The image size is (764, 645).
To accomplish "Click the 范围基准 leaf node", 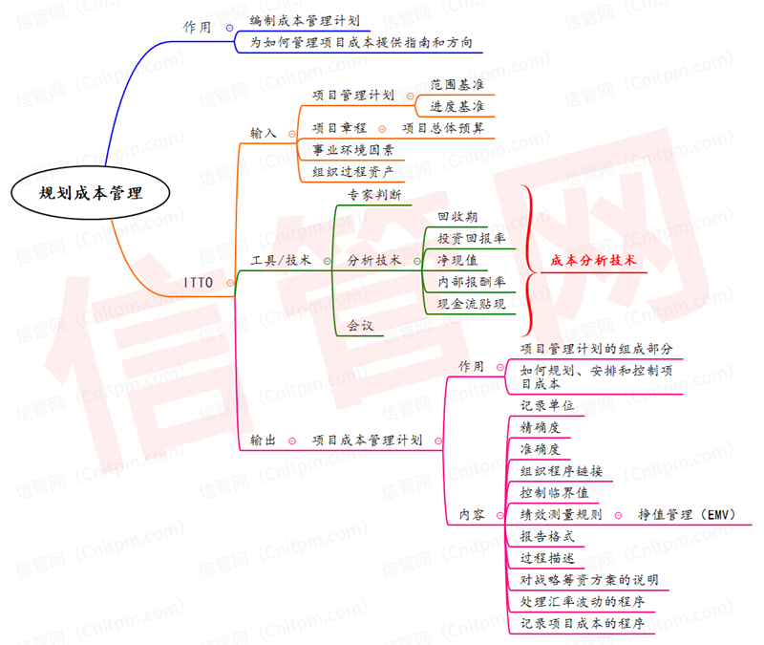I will coord(456,84).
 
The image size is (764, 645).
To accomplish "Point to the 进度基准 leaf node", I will coord(456,105).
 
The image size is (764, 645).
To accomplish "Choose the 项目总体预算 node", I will coord(443,127).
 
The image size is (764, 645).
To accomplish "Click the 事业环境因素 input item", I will coord(352,150).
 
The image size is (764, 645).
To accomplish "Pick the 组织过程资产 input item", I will coord(352,172).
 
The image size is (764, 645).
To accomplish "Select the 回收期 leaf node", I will coord(456,217).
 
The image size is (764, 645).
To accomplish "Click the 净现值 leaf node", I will coord(456,259).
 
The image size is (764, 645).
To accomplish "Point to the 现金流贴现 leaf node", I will coord(471,304).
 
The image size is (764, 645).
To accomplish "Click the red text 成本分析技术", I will coord(593,260).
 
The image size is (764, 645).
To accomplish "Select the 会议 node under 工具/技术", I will coord(359,326).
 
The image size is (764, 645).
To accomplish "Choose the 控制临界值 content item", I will coord(554,492).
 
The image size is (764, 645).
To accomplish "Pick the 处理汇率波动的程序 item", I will coord(582,602).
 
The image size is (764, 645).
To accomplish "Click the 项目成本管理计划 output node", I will coord(367,440).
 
